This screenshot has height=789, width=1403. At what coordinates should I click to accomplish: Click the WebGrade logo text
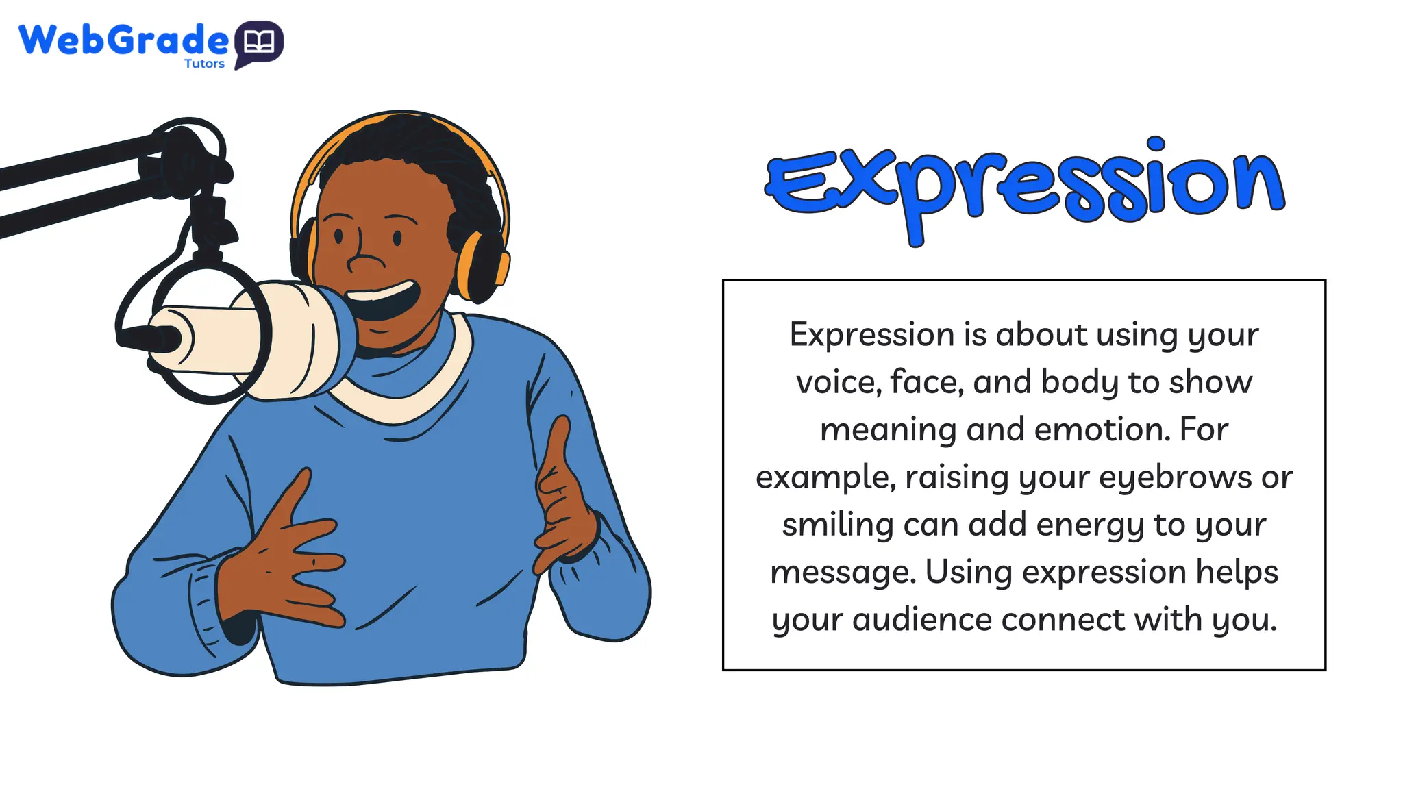[123, 40]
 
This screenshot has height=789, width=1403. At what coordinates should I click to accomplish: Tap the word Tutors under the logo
[204, 64]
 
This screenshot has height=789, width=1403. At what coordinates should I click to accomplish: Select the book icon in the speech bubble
[259, 42]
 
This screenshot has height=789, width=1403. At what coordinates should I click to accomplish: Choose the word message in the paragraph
[843, 573]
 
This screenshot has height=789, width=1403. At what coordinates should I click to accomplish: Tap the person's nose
[363, 261]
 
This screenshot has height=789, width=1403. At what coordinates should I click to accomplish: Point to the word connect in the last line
[1064, 620]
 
